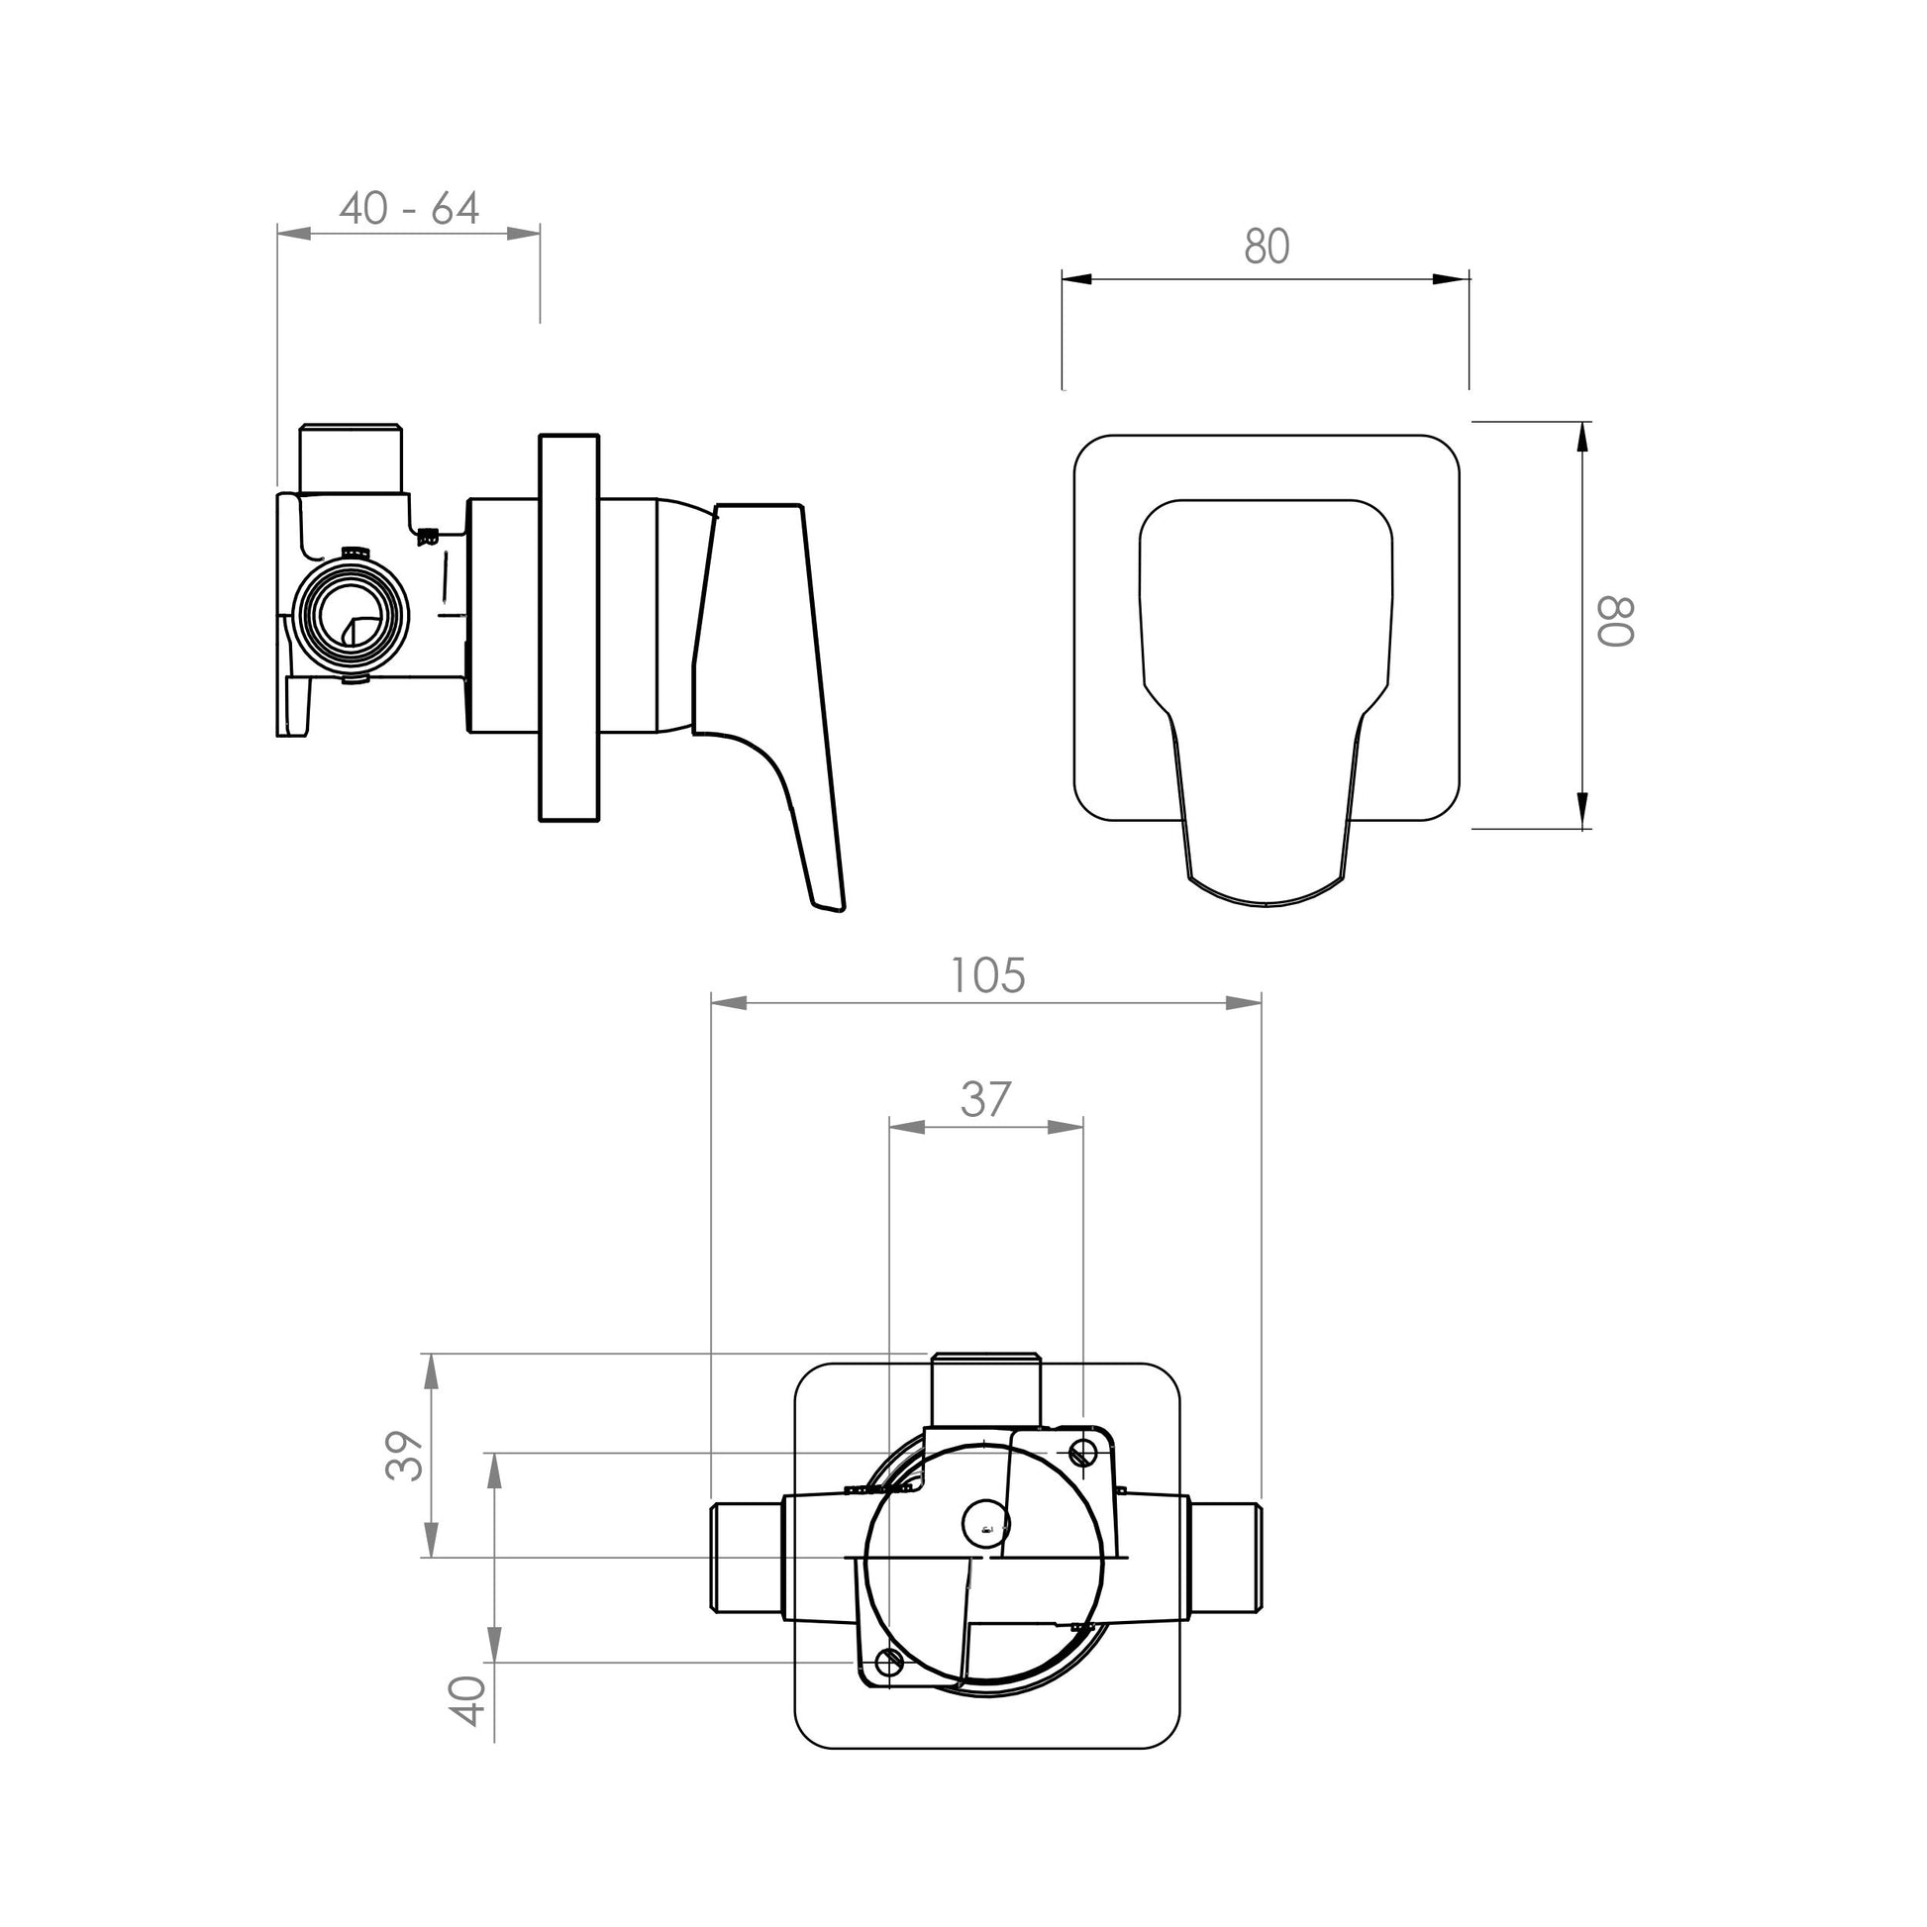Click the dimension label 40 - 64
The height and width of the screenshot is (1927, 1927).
click(409, 209)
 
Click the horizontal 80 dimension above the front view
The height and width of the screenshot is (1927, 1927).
click(1267, 247)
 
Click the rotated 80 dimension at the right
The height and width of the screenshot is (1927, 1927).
click(1615, 623)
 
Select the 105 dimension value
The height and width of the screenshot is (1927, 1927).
click(986, 975)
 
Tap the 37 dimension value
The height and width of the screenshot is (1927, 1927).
click(985, 1099)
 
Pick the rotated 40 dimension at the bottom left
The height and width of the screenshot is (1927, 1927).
click(468, 1700)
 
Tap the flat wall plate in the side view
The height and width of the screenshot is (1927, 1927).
click(568, 629)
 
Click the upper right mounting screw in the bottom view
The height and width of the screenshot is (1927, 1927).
click(1084, 1453)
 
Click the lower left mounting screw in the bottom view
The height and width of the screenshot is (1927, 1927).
click(887, 1662)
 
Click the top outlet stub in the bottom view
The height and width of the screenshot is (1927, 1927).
click(984, 1389)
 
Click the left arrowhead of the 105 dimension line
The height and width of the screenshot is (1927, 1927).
click(728, 1002)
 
